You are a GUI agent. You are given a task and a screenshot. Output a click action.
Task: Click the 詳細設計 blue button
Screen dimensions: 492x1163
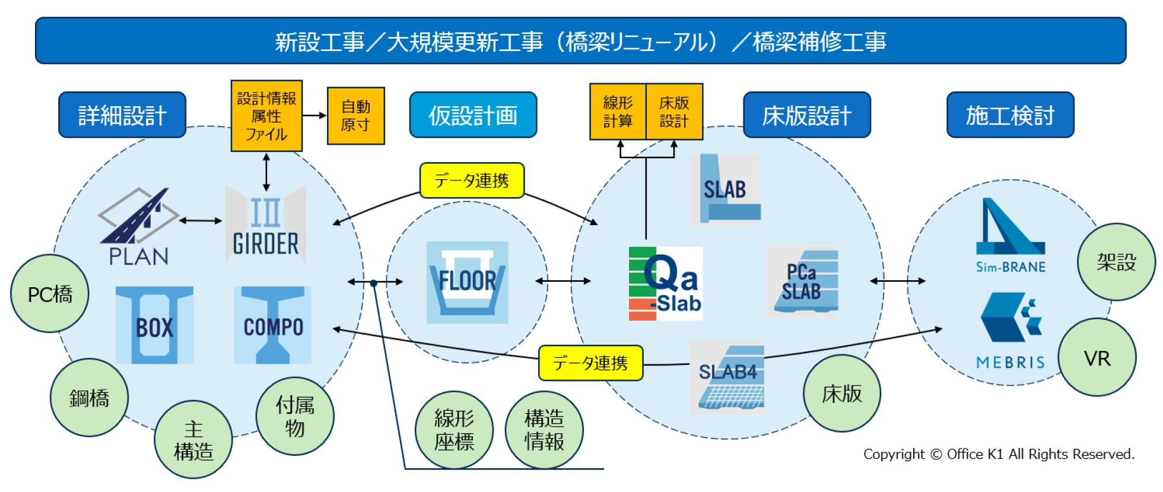pos(122,115)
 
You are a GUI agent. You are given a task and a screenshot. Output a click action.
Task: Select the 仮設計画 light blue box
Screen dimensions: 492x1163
pos(473,115)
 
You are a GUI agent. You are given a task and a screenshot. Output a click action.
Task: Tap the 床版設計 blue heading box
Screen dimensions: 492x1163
pos(806,115)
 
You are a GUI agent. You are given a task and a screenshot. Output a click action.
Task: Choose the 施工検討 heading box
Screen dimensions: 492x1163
pos(1010,115)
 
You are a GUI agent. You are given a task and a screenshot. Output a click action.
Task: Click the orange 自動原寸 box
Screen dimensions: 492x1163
pos(355,116)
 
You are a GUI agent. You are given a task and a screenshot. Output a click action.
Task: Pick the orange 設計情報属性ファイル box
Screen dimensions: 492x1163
pos(266,116)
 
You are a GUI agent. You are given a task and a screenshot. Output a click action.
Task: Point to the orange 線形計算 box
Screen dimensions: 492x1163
pos(618,112)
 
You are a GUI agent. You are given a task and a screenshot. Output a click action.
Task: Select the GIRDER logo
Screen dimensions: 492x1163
pos(265,224)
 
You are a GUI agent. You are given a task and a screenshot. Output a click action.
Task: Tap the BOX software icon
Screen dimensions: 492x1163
pos(154,325)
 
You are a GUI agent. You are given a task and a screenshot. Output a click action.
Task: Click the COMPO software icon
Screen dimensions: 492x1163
pos(272,325)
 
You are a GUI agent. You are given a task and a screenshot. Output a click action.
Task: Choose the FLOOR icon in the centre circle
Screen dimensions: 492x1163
pos(468,282)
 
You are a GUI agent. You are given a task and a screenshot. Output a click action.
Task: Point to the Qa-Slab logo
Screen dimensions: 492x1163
pos(666,284)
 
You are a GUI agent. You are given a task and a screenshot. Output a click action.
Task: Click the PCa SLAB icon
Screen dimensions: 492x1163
pos(802,281)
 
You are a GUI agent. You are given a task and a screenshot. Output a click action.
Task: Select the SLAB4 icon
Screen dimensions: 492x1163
pos(727,377)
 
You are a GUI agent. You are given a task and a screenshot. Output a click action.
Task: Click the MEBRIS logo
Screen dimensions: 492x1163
pos(1011,330)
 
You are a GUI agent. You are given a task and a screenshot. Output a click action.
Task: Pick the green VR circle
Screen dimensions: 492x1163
pos(1097,358)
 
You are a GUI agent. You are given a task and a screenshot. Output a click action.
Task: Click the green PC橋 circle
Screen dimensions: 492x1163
pos(50,294)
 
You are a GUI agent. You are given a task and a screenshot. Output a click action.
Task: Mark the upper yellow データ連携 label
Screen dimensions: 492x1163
pos(472,180)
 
